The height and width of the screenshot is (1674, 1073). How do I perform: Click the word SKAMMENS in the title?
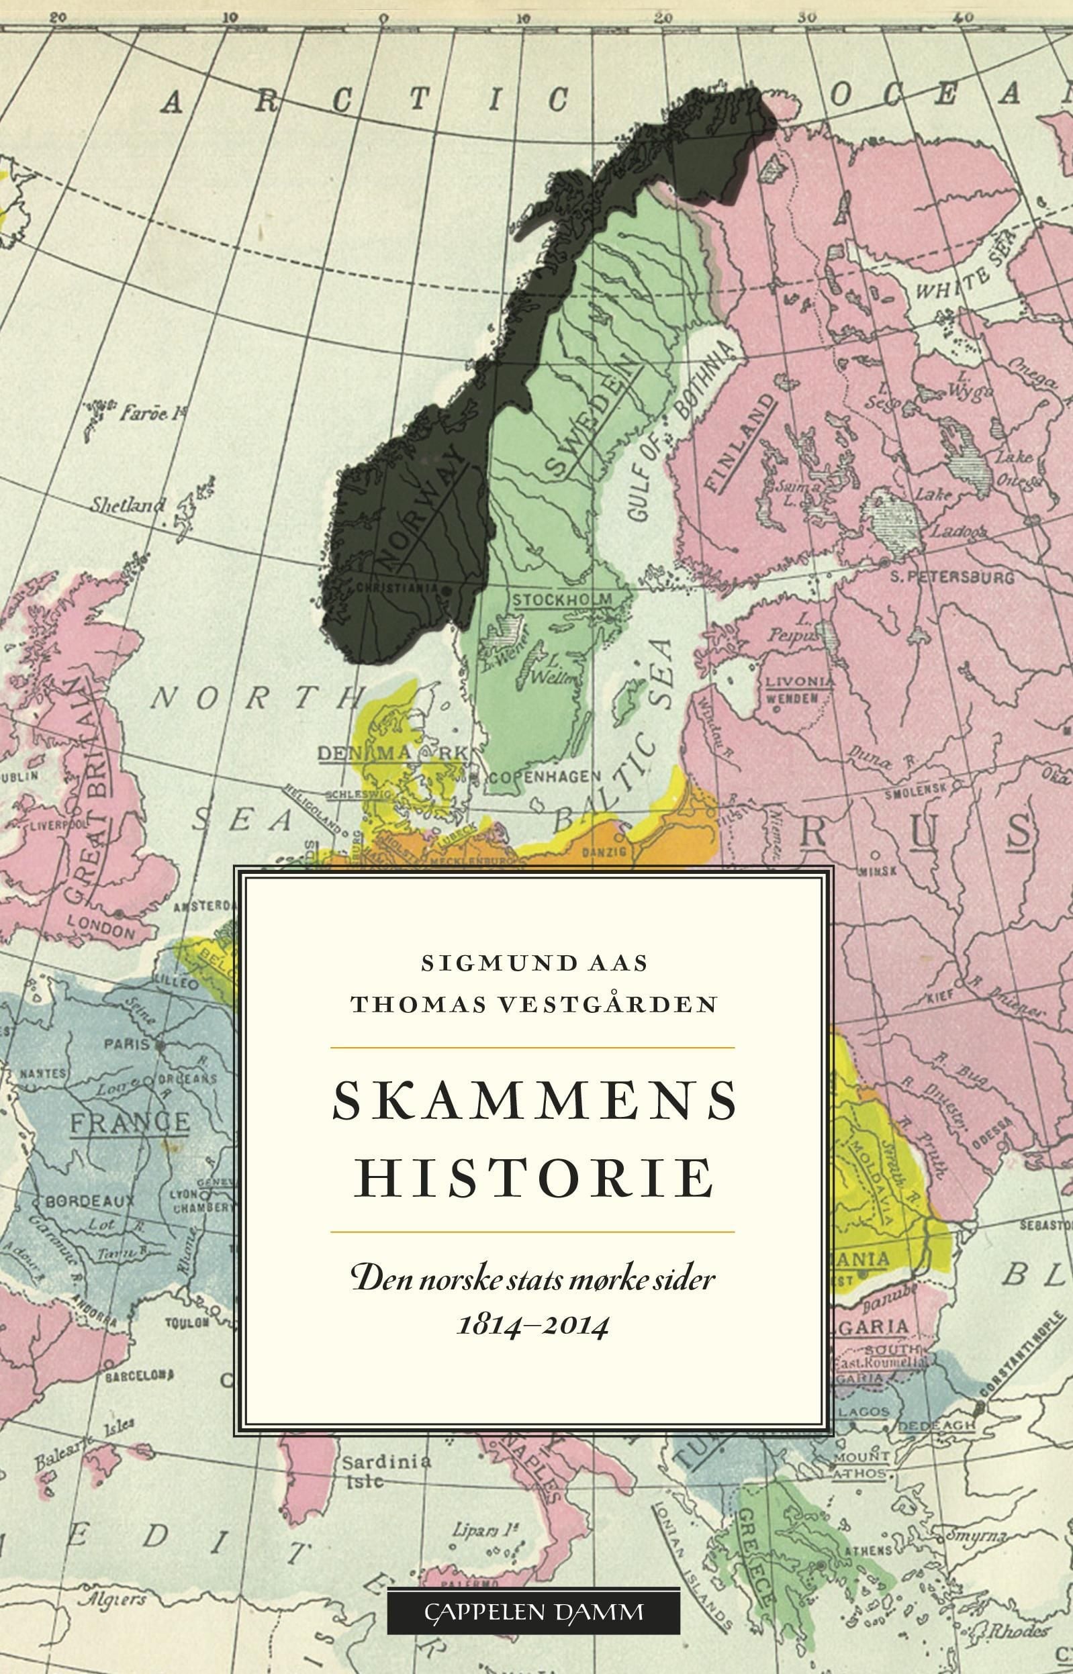[534, 1101]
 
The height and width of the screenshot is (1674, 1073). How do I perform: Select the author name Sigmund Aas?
[534, 963]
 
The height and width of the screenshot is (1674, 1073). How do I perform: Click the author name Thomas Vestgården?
[534, 1004]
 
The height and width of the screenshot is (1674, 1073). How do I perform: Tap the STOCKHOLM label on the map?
[561, 599]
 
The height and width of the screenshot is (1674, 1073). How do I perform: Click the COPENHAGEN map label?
[543, 777]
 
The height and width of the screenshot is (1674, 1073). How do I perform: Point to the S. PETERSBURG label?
[951, 577]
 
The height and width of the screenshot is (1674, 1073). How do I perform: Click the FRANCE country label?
[130, 1122]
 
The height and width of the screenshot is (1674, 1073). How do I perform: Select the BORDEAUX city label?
[90, 1201]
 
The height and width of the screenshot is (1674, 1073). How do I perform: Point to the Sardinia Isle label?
[385, 1471]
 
